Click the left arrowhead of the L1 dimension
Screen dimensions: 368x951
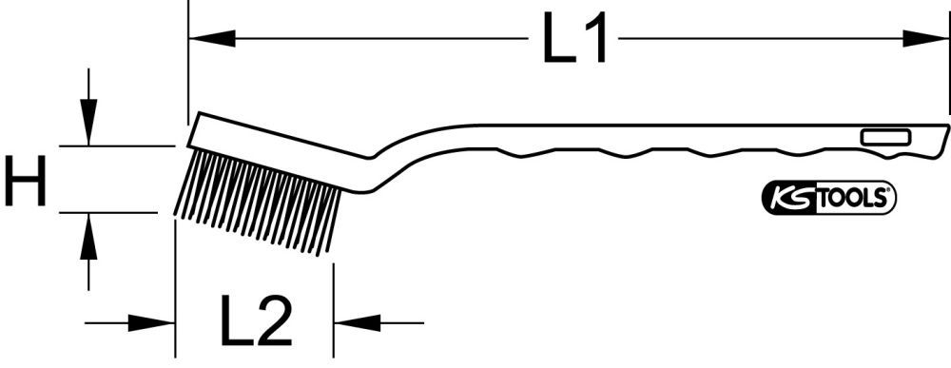tap(211, 39)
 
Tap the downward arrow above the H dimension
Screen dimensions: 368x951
tap(88, 123)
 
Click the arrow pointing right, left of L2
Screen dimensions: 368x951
tap(152, 323)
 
